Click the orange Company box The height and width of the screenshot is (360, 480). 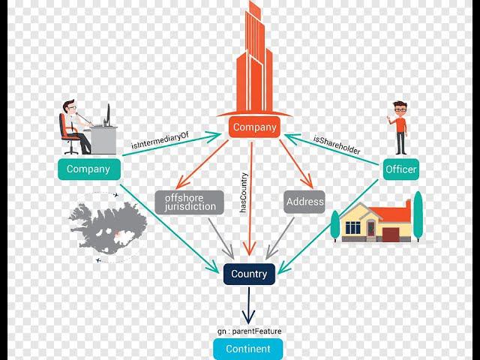point(253,127)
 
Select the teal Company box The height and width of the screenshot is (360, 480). point(88,169)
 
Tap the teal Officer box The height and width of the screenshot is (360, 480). point(400,170)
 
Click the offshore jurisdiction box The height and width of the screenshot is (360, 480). point(190,202)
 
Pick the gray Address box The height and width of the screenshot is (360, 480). point(304,202)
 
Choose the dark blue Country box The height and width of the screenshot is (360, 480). point(249,274)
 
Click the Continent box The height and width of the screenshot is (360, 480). point(248,349)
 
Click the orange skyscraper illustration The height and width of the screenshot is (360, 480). point(253,60)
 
